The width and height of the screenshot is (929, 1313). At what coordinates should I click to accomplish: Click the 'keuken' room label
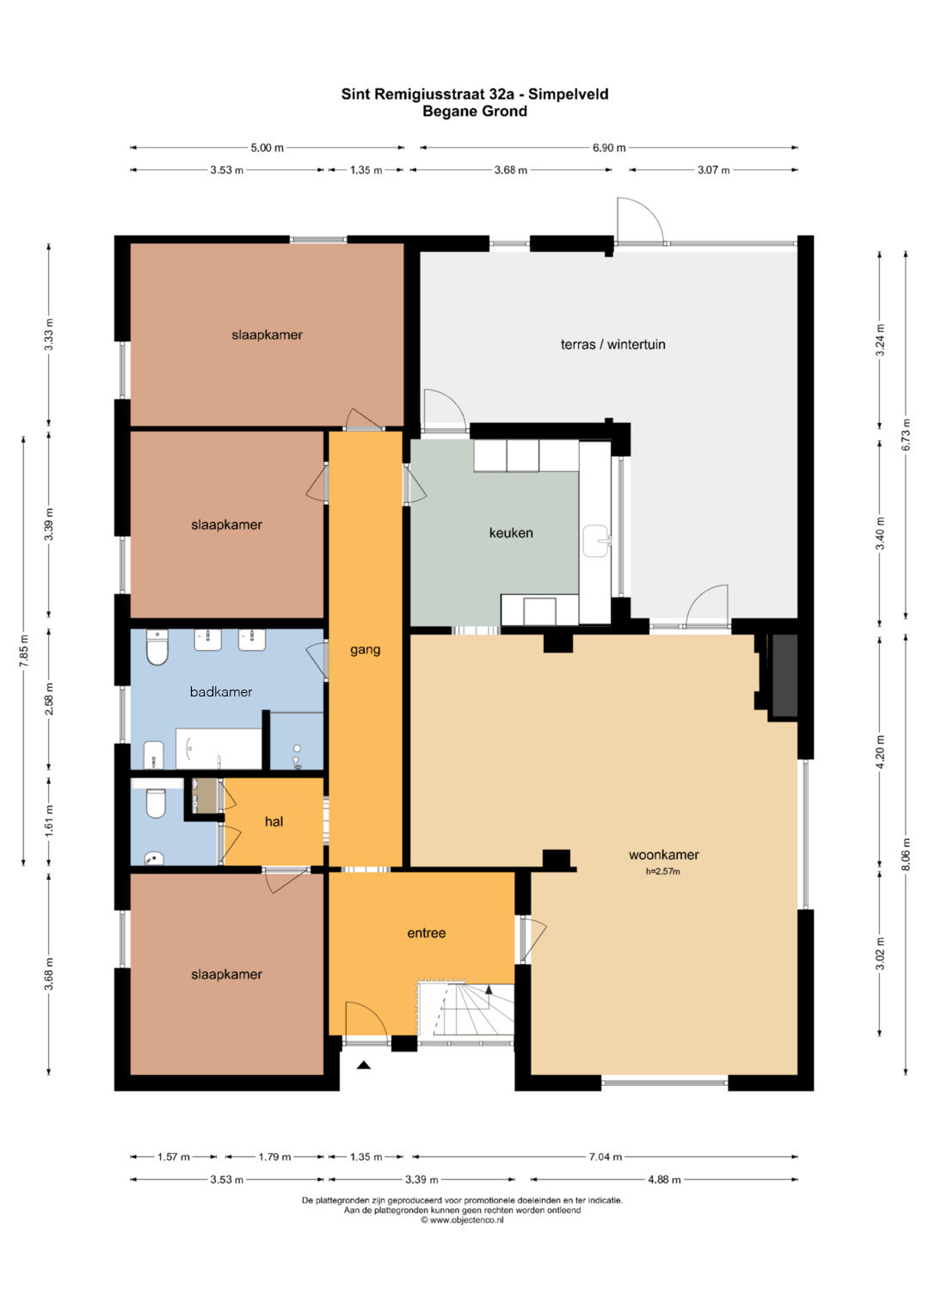(x=511, y=533)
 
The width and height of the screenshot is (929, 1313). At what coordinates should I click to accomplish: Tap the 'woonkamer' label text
(x=663, y=855)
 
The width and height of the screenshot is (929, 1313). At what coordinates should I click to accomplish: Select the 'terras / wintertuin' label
(x=612, y=344)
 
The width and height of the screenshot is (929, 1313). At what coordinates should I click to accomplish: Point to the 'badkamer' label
(x=221, y=691)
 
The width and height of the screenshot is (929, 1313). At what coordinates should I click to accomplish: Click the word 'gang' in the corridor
(x=366, y=650)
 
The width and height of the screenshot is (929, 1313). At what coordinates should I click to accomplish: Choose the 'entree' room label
(x=427, y=933)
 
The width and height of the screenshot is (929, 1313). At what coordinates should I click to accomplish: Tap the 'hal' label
(x=274, y=821)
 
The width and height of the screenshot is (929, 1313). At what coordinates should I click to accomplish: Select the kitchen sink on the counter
(x=596, y=541)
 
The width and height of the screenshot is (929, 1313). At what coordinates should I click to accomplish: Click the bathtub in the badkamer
(x=218, y=749)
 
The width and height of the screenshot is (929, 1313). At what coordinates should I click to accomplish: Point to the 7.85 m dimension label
(x=23, y=651)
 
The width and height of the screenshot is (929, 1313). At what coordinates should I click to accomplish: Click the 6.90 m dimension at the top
(x=609, y=148)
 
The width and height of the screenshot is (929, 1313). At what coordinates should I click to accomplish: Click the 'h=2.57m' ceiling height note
(x=662, y=872)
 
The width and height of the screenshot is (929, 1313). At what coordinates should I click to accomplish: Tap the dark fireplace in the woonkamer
(x=784, y=675)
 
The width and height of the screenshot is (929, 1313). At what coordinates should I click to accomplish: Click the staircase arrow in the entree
(x=489, y=990)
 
